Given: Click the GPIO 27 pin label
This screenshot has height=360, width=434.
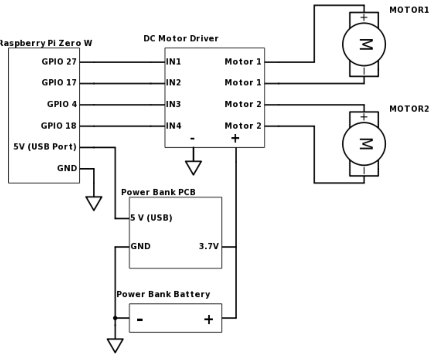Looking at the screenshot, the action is pos(59,62).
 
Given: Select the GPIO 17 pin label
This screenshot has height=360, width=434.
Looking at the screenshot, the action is pos(59,82).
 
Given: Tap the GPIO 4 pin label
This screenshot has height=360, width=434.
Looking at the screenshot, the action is pos(62,104).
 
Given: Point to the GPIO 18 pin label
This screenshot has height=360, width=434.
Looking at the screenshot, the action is pos(59,126).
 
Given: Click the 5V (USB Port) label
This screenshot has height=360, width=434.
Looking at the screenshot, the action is pos(45,147).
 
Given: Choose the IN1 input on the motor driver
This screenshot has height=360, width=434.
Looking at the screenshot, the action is pos(173,62).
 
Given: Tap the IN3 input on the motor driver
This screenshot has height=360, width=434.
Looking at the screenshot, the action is pos(173,104).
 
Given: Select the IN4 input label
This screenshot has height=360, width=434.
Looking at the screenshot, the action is pos(174,126).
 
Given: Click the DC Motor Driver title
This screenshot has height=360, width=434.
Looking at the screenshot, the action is pos(181,38).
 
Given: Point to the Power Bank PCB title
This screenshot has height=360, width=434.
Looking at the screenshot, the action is pos(158,192).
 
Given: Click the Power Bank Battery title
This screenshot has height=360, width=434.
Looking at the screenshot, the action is pos(163,294).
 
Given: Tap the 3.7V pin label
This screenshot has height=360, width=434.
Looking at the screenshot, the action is pos(209,246).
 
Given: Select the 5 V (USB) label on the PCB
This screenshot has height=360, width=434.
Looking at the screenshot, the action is pos(151,218).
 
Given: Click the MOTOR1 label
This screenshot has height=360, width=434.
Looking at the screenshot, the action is pos(409,10).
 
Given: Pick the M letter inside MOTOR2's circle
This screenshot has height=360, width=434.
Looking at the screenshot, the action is pos(366,144).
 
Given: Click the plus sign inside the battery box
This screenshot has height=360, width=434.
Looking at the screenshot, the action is pos(209,319).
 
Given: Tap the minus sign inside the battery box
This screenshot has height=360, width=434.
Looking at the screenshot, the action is pos(140,319).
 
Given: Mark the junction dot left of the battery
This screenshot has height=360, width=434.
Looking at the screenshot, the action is pos(115,318).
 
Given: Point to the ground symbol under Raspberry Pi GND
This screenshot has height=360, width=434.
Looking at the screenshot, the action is pos(94,203).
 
